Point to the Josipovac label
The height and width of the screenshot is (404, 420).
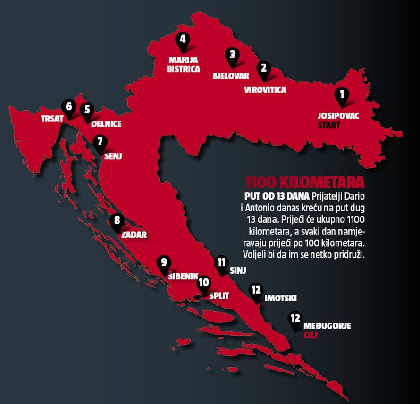tap(337, 115)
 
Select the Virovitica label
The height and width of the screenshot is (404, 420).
tap(265, 89)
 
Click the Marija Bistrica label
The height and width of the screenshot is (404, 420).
tap(185, 64)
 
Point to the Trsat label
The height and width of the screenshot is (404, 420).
tap(51, 119)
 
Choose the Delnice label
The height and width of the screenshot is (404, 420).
tap(106, 124)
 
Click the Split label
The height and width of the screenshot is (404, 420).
tap(218, 296)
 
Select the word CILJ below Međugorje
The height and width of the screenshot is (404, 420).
tap(311, 335)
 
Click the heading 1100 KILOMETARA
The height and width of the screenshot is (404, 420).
tap(305, 182)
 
